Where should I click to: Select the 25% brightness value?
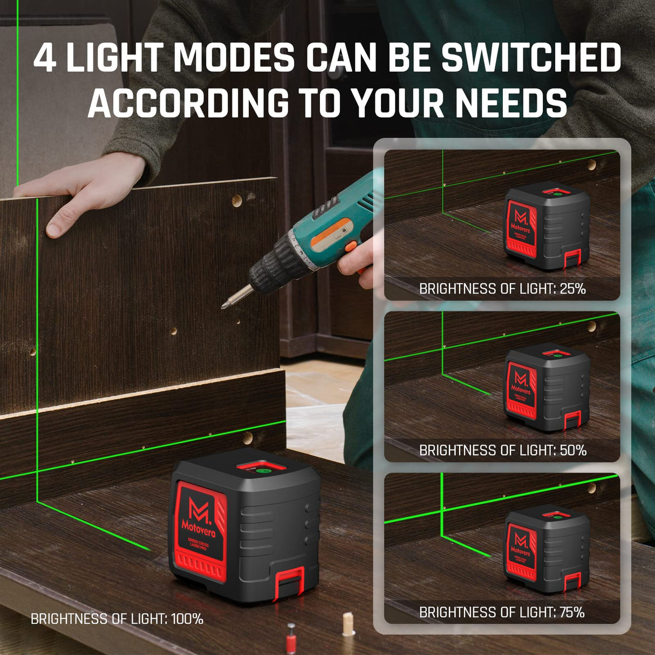[x=572, y=289]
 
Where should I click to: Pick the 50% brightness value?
[x=573, y=451]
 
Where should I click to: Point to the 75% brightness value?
[x=572, y=612]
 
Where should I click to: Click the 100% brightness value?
[x=187, y=619]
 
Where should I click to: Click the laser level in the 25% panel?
[x=546, y=227]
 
